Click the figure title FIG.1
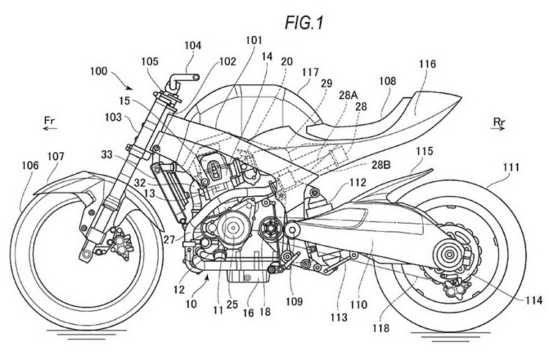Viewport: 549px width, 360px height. (304, 23)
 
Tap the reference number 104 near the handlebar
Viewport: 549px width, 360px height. (193, 45)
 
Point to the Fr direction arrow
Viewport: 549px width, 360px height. (51, 128)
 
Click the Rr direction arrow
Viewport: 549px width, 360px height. (498, 128)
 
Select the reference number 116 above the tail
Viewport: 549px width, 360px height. (427, 64)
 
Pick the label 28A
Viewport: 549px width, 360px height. (348, 95)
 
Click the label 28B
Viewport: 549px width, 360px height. (381, 165)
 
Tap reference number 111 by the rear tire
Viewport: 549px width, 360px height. (512, 168)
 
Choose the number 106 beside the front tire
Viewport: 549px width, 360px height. (30, 165)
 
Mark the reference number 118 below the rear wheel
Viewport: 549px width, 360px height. (381, 328)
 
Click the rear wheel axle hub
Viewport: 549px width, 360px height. (448, 255)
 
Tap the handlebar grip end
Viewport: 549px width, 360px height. (197, 77)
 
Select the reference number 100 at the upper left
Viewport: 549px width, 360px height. (99, 71)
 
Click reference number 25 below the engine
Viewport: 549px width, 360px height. (232, 304)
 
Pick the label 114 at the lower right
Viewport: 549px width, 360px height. (533, 300)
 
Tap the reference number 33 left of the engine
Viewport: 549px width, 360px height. (107, 154)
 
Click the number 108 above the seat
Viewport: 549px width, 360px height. (388, 80)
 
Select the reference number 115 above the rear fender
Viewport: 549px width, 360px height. (425, 151)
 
